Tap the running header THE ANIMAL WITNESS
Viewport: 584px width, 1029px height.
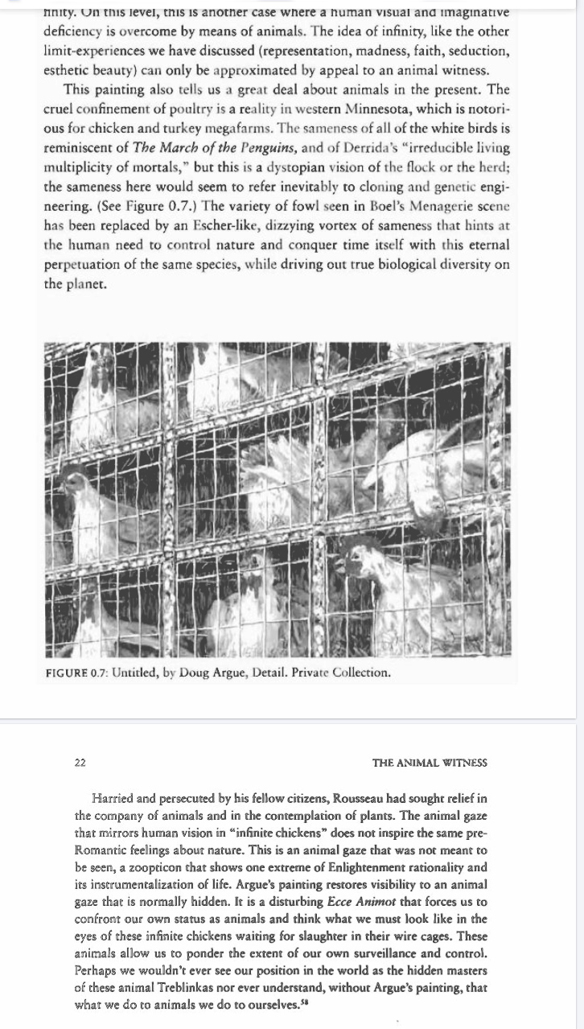point(430,762)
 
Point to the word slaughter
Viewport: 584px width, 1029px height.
point(292,936)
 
